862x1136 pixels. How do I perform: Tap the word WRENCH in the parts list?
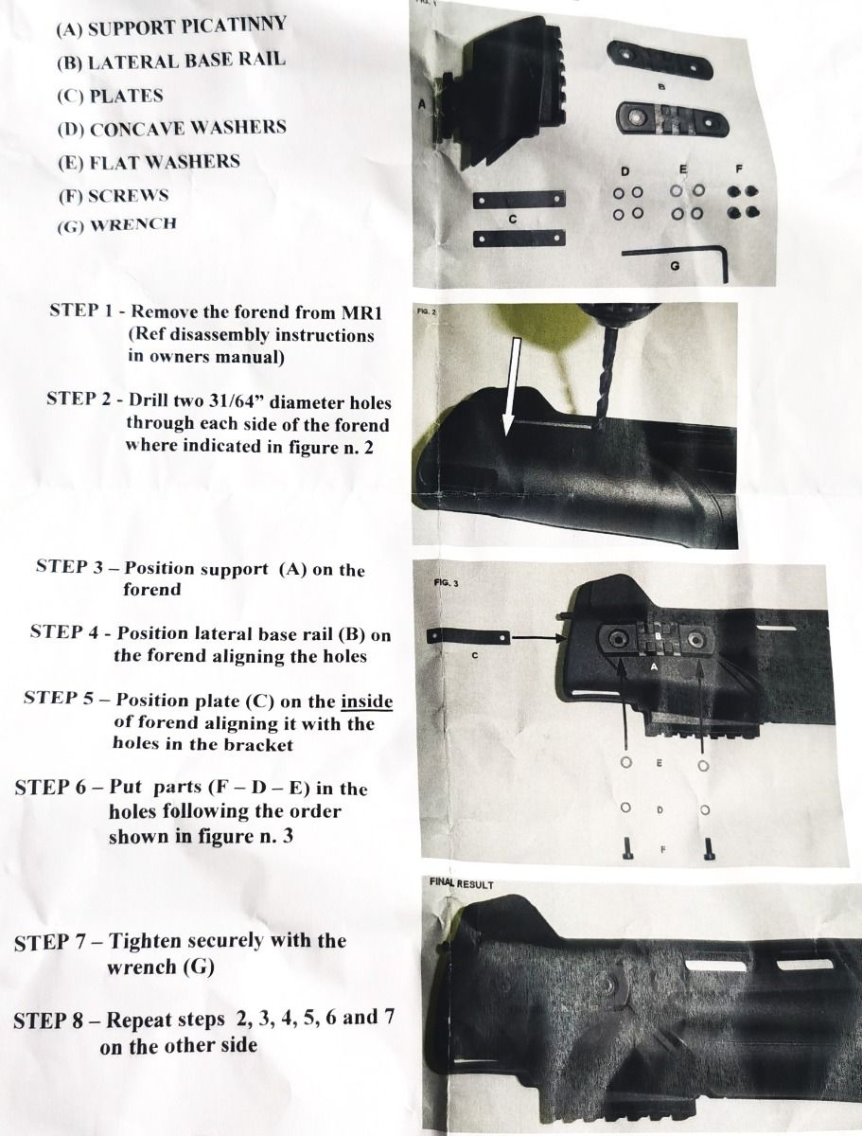click(133, 225)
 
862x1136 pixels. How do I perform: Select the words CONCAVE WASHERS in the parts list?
click(188, 128)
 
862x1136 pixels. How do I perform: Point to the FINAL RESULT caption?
click(461, 883)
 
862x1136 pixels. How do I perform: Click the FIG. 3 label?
click(447, 583)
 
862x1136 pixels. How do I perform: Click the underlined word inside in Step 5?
click(366, 701)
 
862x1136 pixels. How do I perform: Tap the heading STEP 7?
click(58, 942)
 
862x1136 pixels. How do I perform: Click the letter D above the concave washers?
click(625, 171)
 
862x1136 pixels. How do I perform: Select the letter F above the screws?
click(738, 169)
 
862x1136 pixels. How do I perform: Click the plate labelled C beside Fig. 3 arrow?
click(468, 636)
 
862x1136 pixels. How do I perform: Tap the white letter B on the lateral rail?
click(658, 635)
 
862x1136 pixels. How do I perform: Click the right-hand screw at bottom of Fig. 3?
click(708, 849)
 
